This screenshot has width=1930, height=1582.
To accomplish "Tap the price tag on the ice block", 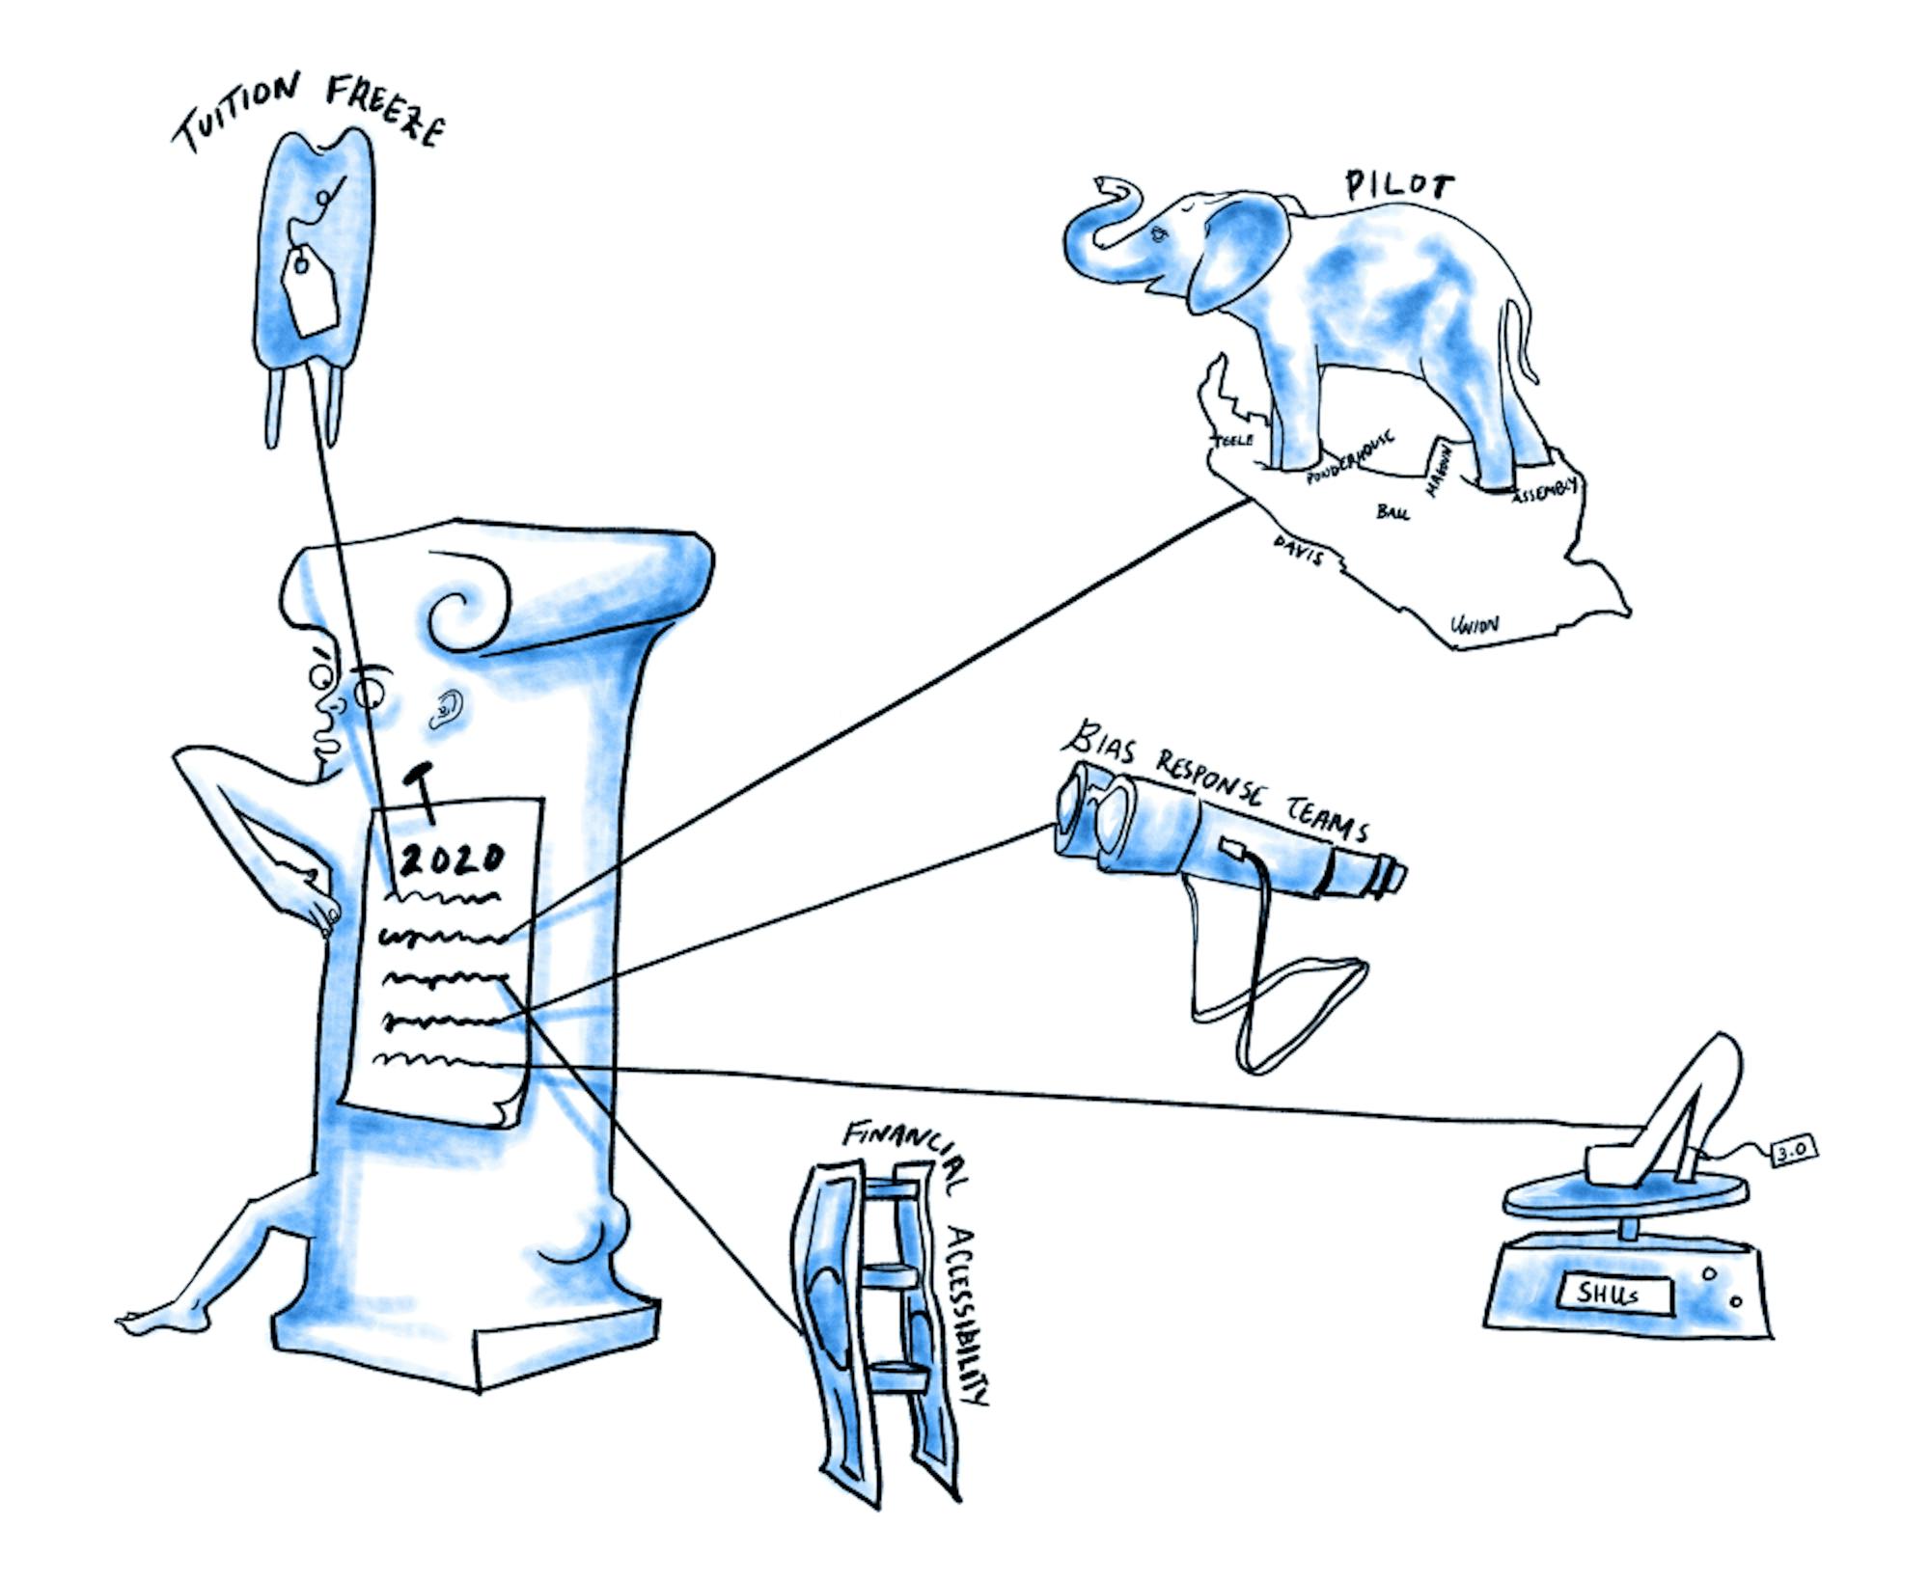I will (x=309, y=290).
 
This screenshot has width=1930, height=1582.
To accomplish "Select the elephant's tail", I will (x=1518, y=338).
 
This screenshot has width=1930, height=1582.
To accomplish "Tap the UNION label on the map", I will (x=1475, y=625).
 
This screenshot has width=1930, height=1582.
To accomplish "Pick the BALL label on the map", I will (x=1392, y=511).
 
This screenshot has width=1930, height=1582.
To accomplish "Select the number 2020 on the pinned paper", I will (x=452, y=858).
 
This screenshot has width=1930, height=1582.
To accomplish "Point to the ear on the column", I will (x=446, y=709).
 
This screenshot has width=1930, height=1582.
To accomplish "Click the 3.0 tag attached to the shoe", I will (x=1794, y=1149).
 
